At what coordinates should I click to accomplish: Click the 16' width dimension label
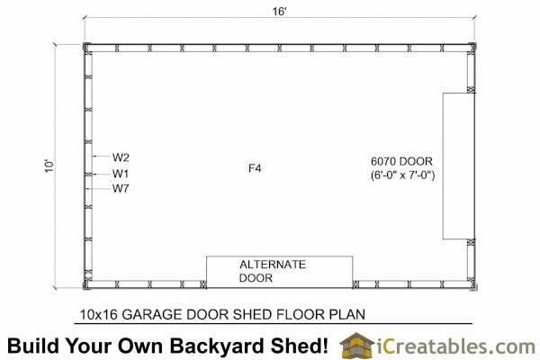point(279,12)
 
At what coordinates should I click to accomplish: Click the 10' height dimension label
point(49,166)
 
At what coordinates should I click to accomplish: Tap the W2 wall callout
point(121,157)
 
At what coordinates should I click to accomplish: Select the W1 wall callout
point(121,174)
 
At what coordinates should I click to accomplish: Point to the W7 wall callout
point(121,189)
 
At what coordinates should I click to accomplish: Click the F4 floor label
point(255,168)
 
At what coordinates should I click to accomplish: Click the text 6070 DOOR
point(401,161)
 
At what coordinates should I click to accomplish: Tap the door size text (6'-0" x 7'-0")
point(402,175)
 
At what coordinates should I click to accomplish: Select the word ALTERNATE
point(273,265)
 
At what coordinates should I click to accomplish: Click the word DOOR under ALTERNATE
point(256,278)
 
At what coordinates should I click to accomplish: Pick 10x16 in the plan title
point(99,314)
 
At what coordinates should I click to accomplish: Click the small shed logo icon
point(356,345)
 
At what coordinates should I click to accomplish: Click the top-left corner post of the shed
point(86,47)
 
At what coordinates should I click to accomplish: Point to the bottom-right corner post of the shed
point(472,285)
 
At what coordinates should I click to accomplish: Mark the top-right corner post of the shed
point(472,47)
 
